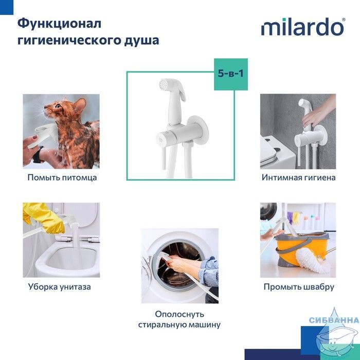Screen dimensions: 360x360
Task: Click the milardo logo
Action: coord(303,27)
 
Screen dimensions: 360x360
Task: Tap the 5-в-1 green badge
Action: coord(231,74)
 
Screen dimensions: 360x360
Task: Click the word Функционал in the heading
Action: coord(59,24)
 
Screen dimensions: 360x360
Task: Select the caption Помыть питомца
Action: coord(62,177)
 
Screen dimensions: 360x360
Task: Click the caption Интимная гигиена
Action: coord(298,177)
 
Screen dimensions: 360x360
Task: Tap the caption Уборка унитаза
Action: coord(60,287)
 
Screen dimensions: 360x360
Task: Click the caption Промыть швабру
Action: coord(299,287)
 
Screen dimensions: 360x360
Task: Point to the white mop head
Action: coord(312,261)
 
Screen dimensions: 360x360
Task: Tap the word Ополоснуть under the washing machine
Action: coord(179,314)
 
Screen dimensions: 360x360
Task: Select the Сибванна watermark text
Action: coord(334,320)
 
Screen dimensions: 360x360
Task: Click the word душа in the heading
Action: coord(141,41)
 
